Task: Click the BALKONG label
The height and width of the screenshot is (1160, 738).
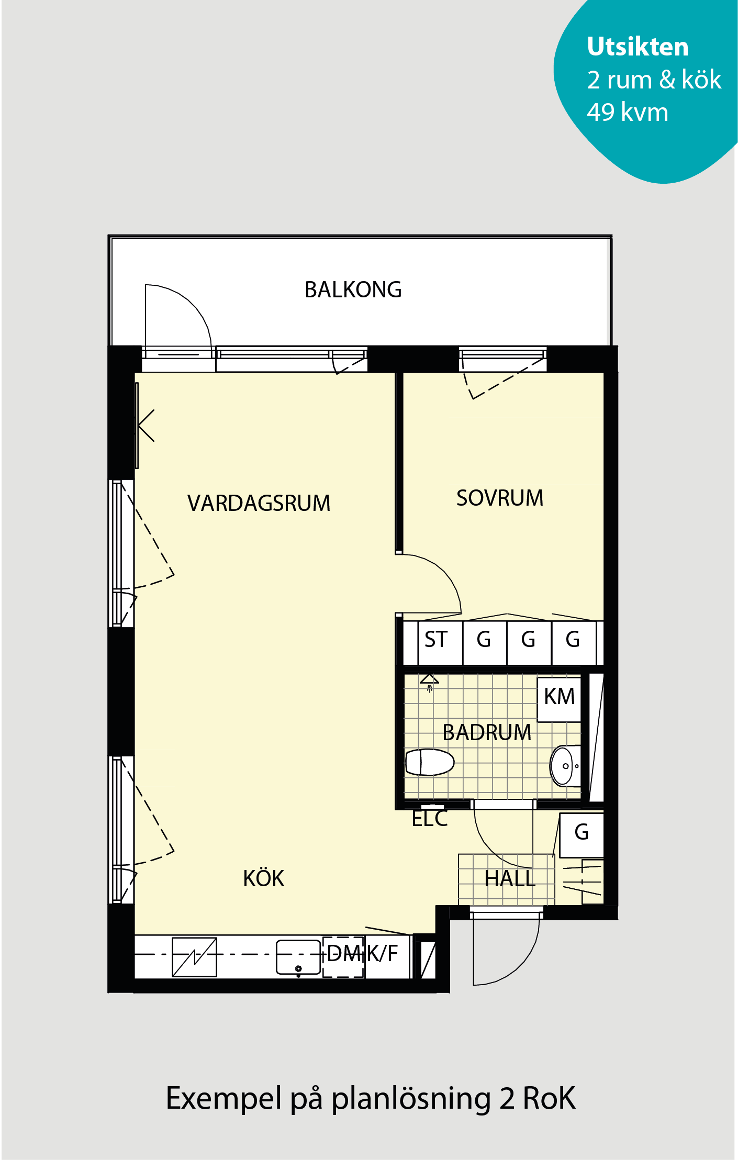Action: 353,289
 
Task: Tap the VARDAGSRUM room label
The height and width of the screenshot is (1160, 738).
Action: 259,503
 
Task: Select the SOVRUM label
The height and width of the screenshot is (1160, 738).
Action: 500,498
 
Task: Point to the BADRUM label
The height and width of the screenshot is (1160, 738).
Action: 487,732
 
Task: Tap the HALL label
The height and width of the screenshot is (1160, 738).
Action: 510,878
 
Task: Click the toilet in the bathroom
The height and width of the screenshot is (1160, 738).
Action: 430,762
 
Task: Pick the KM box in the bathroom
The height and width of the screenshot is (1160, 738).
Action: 559,699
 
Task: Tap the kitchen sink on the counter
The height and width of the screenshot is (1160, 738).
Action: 298,957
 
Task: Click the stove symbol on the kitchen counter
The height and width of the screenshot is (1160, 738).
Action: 195,957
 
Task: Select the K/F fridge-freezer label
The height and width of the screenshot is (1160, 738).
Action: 382,954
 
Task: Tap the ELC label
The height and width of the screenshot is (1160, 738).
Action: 430,819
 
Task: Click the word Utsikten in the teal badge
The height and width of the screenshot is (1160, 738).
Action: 638,47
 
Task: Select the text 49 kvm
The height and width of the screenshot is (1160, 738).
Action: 628,112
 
